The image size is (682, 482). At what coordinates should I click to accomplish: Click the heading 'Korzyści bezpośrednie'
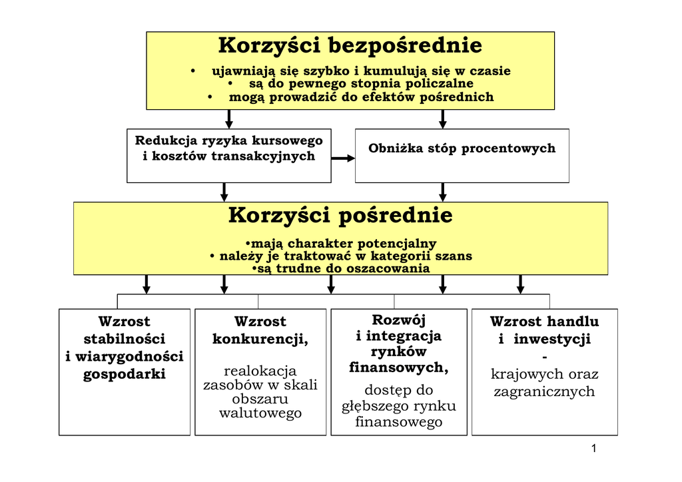pyautogui.click(x=350, y=46)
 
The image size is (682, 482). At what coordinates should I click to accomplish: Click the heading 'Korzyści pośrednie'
pyautogui.click(x=340, y=216)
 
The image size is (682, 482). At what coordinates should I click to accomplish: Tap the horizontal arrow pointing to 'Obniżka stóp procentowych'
pyautogui.click(x=343, y=158)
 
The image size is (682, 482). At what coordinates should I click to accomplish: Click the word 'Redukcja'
pyautogui.click(x=163, y=140)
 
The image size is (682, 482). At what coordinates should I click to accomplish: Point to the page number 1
pyautogui.click(x=593, y=448)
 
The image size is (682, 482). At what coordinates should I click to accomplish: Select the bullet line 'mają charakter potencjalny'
pyautogui.click(x=342, y=244)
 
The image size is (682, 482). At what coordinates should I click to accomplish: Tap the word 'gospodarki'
pyautogui.click(x=124, y=374)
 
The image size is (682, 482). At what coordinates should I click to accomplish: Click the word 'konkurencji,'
pyautogui.click(x=260, y=339)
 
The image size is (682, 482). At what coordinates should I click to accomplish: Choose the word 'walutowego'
pyautogui.click(x=260, y=413)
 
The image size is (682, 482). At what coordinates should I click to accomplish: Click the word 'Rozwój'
pyautogui.click(x=398, y=320)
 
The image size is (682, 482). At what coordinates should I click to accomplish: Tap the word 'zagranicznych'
pyautogui.click(x=544, y=391)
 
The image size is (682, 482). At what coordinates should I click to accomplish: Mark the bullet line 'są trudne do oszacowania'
pyautogui.click(x=342, y=268)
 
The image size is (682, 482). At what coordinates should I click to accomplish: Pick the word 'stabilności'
pyautogui.click(x=124, y=339)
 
